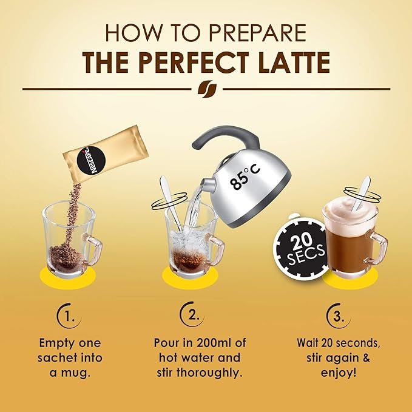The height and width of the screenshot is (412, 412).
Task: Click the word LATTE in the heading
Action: click(294, 62)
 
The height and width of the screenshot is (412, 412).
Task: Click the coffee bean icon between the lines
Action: click(207, 89)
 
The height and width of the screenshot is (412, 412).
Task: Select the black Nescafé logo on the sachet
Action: click(91, 160)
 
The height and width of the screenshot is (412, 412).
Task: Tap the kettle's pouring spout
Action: click(208, 184)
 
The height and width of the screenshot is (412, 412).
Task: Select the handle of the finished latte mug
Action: click(377, 246)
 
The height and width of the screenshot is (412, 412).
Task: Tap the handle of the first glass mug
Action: click(93, 249)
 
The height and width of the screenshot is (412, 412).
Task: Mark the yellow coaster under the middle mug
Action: click(190, 277)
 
